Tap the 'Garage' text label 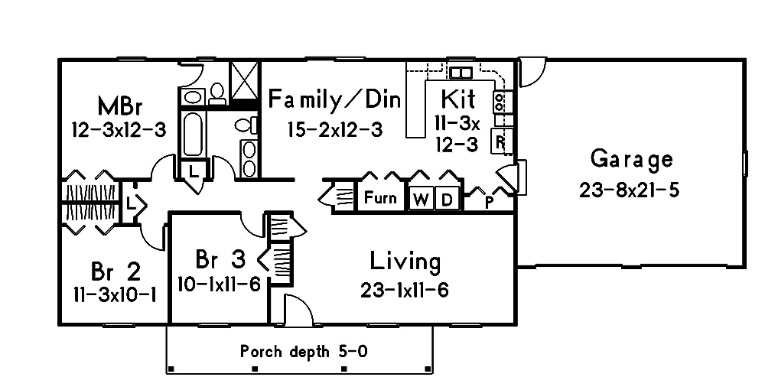tap(632, 159)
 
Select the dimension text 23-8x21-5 tap(629, 190)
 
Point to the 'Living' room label tap(405, 262)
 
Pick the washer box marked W tap(421, 199)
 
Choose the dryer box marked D tap(448, 199)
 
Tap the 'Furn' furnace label tap(379, 198)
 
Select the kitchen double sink tap(461, 73)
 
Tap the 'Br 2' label tap(116, 271)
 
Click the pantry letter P tap(490, 202)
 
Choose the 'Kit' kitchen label tap(458, 99)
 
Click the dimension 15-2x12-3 tap(335, 129)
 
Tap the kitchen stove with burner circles tap(500, 101)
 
